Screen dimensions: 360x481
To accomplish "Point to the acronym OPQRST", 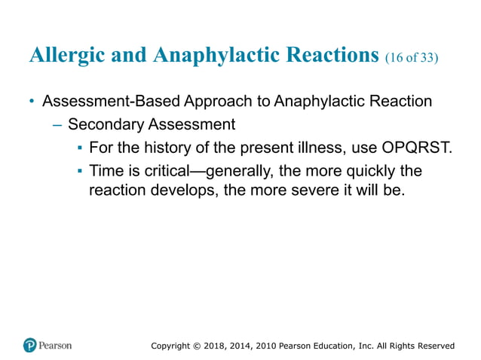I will pos(421,147).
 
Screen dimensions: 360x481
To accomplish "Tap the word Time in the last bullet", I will pos(106,170).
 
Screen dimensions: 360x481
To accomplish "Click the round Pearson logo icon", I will pos(30,346).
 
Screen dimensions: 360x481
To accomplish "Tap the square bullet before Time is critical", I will pos(79,170).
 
